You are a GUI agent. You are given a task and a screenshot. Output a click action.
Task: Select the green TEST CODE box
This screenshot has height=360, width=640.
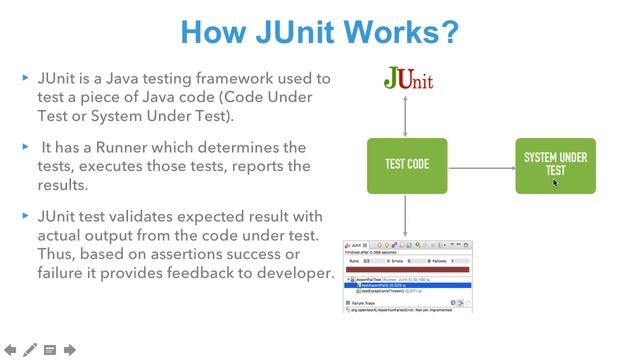point(406,164)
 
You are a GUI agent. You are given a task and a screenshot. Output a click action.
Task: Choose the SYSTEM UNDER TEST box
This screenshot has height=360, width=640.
point(555,164)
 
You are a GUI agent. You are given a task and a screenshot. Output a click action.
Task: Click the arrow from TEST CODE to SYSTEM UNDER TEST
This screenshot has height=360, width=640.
point(481,164)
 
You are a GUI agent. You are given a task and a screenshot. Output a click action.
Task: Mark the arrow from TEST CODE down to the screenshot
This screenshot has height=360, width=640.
point(406,214)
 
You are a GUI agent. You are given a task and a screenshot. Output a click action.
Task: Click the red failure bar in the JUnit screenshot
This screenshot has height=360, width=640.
point(406,269)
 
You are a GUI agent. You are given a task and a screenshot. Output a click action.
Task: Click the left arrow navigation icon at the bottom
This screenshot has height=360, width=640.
point(10,349)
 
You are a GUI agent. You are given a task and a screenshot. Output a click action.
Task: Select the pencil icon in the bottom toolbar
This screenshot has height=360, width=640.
point(30,349)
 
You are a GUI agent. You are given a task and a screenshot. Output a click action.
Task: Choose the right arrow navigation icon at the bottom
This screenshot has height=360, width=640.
point(70,349)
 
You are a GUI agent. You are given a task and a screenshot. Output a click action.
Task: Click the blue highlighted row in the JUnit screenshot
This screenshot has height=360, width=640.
point(406,285)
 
